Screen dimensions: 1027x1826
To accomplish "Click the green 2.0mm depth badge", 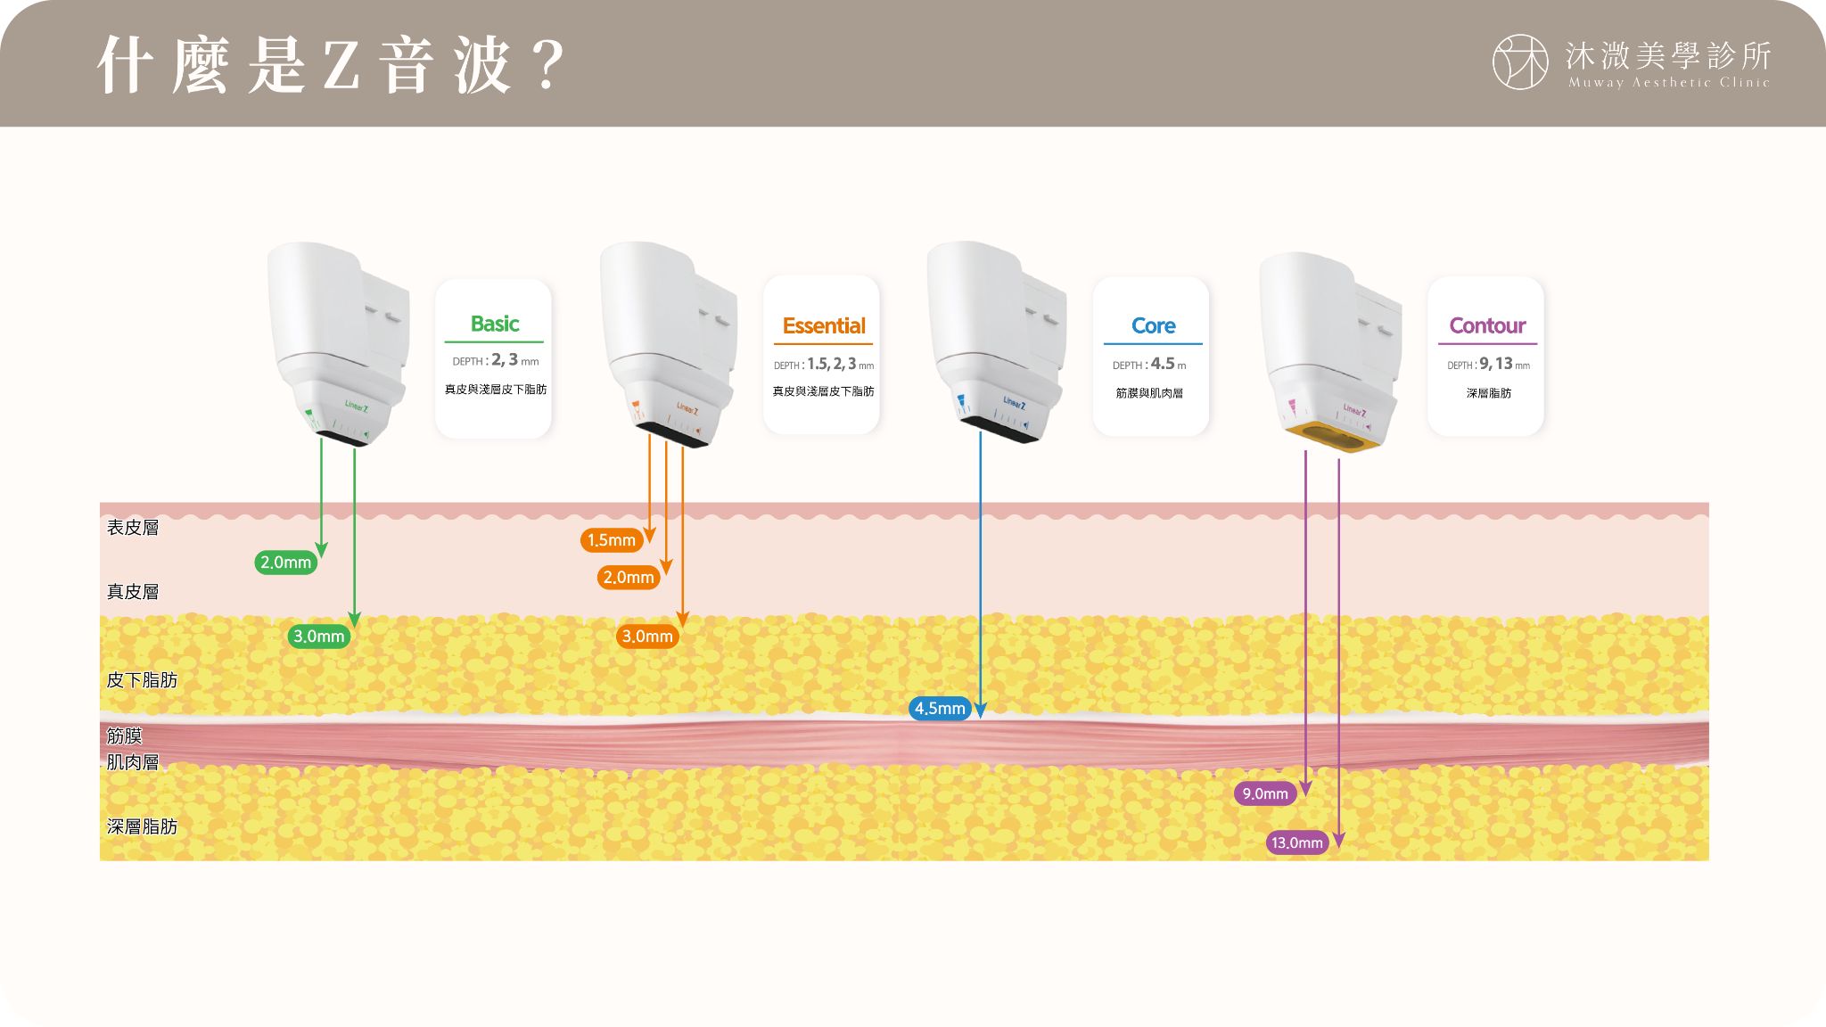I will [285, 563].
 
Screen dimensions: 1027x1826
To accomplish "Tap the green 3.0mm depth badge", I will [318, 637].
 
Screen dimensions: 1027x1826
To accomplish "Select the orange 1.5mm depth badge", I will [612, 540].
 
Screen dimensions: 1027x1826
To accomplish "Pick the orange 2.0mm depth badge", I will [629, 578].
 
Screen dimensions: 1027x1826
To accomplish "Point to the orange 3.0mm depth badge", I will [647, 637].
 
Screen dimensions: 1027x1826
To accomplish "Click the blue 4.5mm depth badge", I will [940, 709].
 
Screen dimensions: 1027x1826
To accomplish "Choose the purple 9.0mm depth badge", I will [1265, 793].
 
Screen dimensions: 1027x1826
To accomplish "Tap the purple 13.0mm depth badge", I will [1297, 842].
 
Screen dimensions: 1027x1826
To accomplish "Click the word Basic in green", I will [495, 324].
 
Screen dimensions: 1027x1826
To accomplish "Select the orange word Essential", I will [824, 326].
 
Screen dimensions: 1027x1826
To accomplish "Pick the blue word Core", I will [1153, 326].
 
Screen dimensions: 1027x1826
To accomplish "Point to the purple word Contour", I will [1487, 326].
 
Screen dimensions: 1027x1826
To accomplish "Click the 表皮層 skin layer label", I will [133, 528].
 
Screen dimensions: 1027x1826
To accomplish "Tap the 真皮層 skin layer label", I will [133, 592].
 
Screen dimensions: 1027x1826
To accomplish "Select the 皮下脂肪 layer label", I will [142, 680].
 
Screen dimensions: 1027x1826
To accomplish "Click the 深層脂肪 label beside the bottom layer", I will [142, 826].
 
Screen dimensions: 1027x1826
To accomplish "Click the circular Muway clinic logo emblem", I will [1520, 62].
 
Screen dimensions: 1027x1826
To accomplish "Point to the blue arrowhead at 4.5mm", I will [980, 710].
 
